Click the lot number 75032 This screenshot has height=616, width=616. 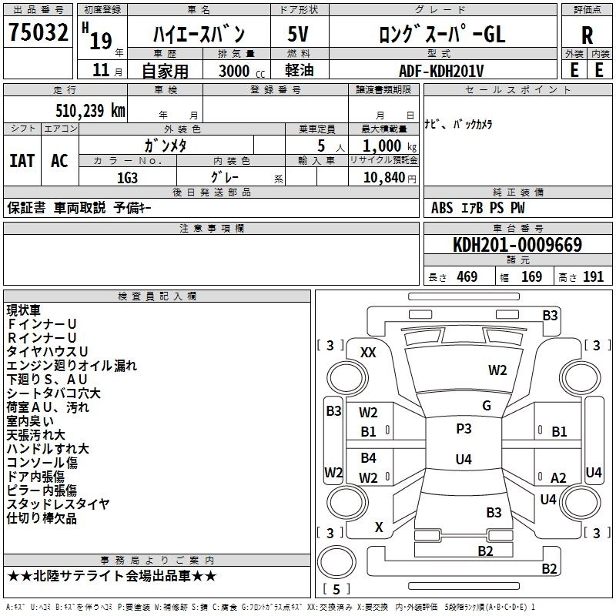[x=38, y=32]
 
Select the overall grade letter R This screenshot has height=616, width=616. [x=587, y=35]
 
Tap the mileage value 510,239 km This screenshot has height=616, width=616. [x=90, y=110]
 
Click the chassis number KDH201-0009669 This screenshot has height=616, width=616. [x=517, y=244]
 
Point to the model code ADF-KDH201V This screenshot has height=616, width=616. [x=441, y=71]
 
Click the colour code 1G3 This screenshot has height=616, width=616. [x=127, y=178]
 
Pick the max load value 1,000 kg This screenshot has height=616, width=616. [x=390, y=146]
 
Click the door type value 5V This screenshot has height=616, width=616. [x=298, y=34]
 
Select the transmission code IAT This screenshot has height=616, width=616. [x=22, y=161]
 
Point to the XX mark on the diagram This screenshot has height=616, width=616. [x=368, y=353]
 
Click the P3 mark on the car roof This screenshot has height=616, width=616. [x=464, y=428]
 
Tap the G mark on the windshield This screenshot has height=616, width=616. [x=487, y=405]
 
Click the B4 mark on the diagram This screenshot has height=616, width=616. [x=369, y=457]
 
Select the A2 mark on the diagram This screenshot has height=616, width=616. [x=558, y=477]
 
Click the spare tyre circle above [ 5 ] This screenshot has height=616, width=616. [x=336, y=562]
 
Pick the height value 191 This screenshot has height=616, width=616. [x=593, y=276]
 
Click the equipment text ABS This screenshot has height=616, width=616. [x=442, y=208]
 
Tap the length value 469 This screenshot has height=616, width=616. [x=467, y=276]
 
